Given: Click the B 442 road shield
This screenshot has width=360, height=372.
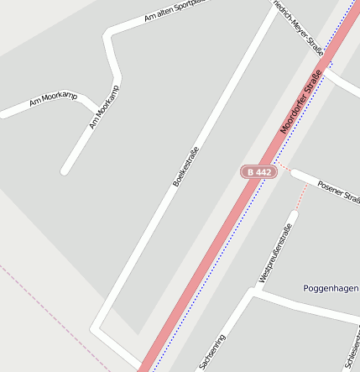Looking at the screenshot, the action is [258, 171].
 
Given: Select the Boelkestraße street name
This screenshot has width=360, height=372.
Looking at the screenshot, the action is [186, 166].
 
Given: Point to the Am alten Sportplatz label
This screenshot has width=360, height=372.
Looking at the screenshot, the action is [175, 11].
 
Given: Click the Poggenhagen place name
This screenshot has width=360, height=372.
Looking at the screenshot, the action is [331, 289].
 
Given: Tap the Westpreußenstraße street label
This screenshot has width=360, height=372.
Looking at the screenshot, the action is [275, 253].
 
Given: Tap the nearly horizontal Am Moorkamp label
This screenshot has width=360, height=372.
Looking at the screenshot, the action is [52, 101].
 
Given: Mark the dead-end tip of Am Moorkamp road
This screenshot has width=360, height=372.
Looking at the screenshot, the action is [65, 172].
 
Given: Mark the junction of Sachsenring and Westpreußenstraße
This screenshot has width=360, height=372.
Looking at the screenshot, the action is [252, 293].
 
